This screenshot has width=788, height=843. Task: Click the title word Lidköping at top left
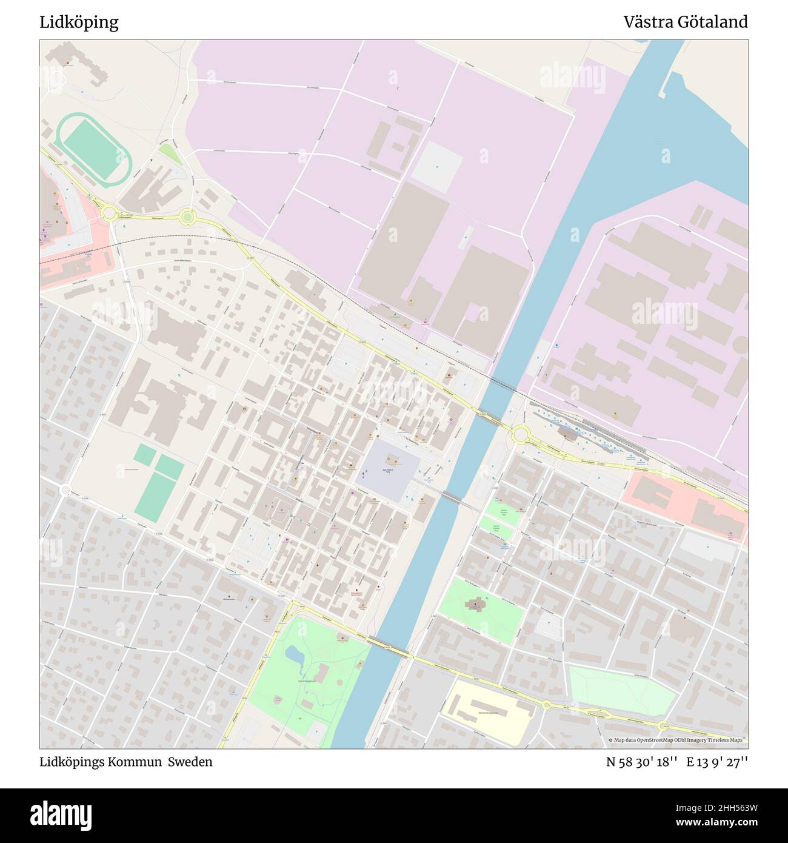79,22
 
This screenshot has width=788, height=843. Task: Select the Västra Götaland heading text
686,22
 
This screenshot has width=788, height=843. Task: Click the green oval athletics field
94,146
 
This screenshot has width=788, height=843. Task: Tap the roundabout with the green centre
187,216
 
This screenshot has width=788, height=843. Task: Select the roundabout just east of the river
519,434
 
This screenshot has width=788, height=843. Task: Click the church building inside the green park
475,605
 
